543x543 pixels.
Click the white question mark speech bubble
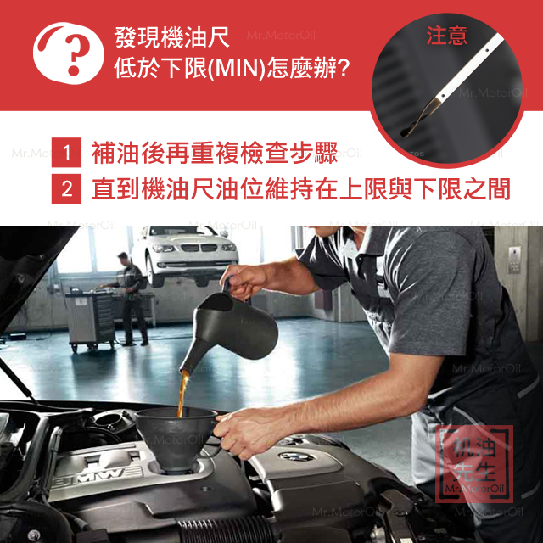tap(69, 53)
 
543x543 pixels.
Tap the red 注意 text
tap(447, 36)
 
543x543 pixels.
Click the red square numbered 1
tap(66, 153)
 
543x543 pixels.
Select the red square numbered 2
tap(66, 188)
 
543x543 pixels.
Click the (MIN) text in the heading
tap(237, 68)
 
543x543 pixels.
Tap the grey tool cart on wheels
tap(91, 321)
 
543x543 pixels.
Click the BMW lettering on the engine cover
tap(98, 475)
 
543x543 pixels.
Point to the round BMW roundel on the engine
tap(297, 456)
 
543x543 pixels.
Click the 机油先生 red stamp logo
tap(474, 464)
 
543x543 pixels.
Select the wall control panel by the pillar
tap(514, 260)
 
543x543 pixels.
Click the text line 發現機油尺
tap(171, 36)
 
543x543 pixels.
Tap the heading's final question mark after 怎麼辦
tap(343, 69)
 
